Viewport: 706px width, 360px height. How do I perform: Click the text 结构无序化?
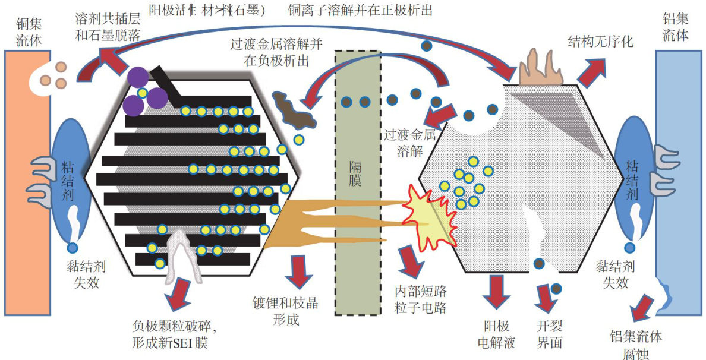[601, 42]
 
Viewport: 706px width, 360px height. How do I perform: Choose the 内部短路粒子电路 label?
[420, 299]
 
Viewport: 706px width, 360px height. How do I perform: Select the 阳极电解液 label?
[495, 335]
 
